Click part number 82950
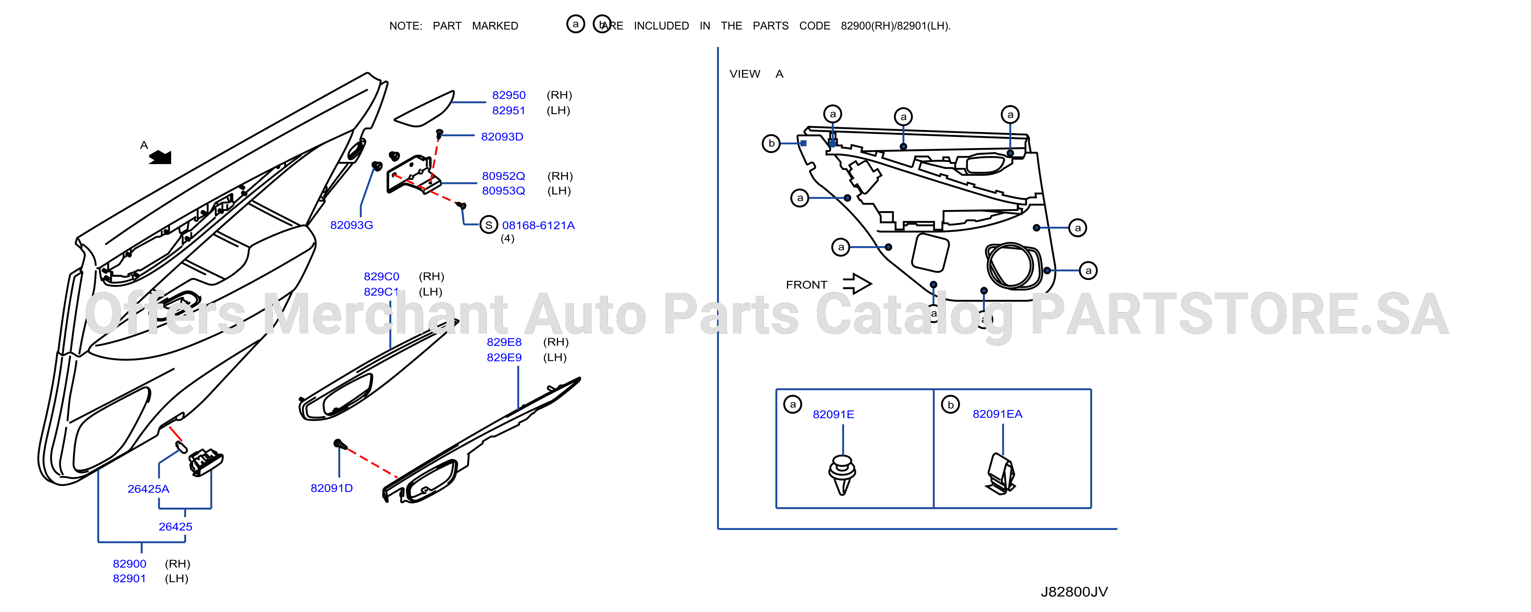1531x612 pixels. click(509, 95)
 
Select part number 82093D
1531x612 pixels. click(502, 137)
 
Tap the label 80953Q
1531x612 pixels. click(504, 191)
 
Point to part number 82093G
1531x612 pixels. click(352, 225)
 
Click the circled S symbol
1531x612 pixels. click(488, 225)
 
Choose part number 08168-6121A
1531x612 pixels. click(539, 225)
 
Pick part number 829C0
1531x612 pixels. click(382, 276)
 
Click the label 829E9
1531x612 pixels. click(504, 357)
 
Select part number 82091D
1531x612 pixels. click(332, 488)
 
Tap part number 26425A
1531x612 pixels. click(148, 489)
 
